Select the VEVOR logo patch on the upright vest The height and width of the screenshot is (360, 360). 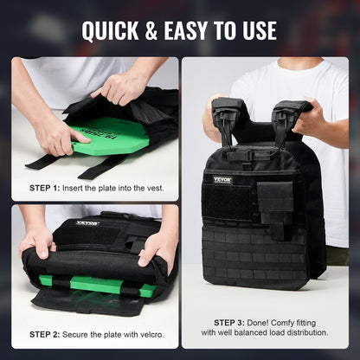tap(223, 180)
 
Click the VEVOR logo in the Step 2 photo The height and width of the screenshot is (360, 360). tap(87, 223)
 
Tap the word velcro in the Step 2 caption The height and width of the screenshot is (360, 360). tap(146, 334)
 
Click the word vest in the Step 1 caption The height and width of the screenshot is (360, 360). tap(151, 188)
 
